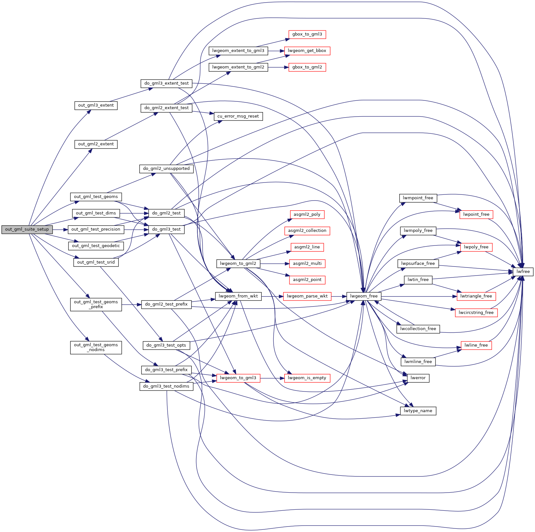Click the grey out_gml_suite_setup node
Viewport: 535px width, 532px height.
point(27,229)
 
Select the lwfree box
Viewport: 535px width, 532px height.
point(523,272)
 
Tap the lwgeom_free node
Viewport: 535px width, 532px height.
point(364,296)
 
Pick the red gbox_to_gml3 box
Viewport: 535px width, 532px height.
point(307,34)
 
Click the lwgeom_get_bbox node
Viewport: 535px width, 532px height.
point(307,51)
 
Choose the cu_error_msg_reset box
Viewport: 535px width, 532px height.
point(238,116)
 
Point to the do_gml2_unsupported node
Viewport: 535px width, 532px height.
point(166,169)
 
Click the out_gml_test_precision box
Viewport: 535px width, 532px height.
point(96,229)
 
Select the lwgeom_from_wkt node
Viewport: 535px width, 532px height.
point(238,296)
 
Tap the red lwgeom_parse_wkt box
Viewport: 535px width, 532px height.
point(307,296)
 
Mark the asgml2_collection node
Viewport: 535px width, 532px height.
point(307,231)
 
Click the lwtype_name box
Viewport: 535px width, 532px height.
point(418,411)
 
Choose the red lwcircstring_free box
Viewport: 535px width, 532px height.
point(476,313)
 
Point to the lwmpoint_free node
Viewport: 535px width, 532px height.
point(418,198)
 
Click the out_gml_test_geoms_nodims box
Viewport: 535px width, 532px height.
point(96,348)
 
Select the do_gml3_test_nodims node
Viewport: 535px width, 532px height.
point(166,386)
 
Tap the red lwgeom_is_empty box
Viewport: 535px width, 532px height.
point(307,378)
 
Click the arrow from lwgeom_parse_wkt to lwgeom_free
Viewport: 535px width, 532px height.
point(339,296)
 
